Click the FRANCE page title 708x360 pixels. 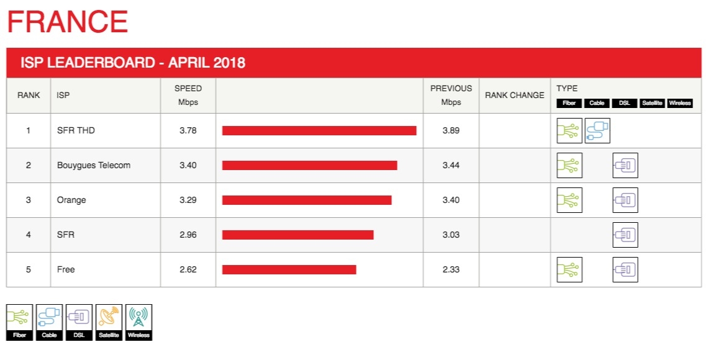[67, 22]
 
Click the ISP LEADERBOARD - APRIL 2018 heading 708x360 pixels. [133, 63]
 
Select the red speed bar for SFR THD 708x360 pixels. [319, 130]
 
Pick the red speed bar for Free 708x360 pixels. [289, 269]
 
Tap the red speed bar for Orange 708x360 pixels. [307, 200]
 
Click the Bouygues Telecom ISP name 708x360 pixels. [94, 165]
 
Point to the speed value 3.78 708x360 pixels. [188, 130]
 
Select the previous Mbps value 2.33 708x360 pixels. [451, 269]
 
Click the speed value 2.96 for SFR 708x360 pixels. [188, 235]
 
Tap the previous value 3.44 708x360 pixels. [451, 165]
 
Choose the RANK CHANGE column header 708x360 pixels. [514, 95]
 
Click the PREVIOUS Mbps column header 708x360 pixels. [451, 95]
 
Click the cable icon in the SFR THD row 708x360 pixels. [597, 130]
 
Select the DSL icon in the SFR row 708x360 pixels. [625, 235]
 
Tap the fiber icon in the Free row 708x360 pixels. [570, 269]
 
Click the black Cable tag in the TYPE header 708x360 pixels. [597, 103]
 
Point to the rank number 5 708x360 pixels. [28, 269]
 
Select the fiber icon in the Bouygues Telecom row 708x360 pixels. [570, 165]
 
